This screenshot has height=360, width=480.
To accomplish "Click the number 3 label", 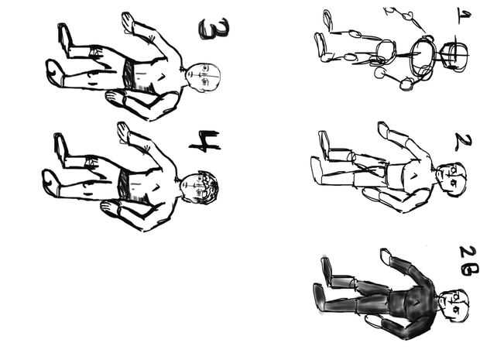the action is pyautogui.click(x=214, y=29).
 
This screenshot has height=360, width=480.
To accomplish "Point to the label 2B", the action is pyautogui.click(x=468, y=261).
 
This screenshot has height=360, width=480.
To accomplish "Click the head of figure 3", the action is pyautogui.click(x=204, y=77).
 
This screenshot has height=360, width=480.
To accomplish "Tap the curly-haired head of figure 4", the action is pyautogui.click(x=199, y=187).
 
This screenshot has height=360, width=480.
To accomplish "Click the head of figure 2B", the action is pyautogui.click(x=454, y=306).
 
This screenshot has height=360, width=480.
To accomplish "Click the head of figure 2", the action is pyautogui.click(x=451, y=180).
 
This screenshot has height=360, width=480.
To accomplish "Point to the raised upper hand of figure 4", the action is pyautogui.click(x=124, y=132).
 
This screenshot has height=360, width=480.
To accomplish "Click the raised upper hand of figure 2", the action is pyautogui.click(x=384, y=130).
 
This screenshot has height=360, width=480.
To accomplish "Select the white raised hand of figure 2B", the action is pyautogui.click(x=386, y=256).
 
